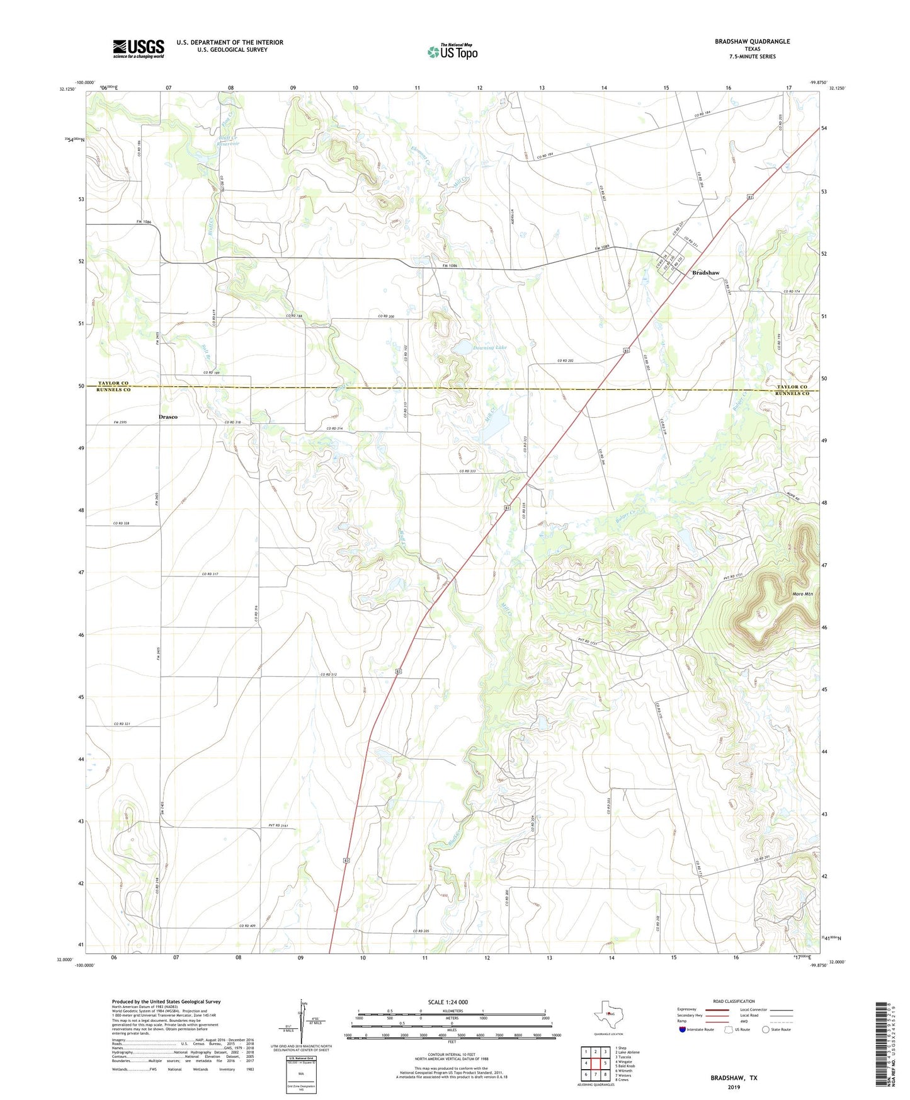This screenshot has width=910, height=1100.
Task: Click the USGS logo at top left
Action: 139,49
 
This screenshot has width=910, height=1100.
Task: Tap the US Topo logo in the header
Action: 453,52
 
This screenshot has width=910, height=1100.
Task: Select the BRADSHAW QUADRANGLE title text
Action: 752,42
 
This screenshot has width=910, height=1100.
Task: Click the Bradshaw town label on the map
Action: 705,273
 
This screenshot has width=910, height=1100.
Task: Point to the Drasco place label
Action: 168,417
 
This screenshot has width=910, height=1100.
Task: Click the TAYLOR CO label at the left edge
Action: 113,383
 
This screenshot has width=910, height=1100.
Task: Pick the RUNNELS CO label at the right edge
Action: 792,394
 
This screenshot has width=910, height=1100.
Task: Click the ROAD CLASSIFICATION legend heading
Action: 734,1001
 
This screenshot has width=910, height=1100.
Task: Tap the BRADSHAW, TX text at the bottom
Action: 734,1078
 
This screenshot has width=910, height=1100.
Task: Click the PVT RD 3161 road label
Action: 277,825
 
